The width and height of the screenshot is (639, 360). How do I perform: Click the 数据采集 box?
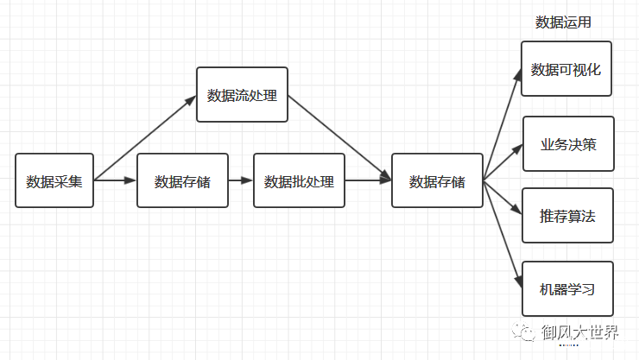point(54,181)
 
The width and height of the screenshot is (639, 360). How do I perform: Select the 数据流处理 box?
point(242,95)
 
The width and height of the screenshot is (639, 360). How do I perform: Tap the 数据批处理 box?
point(299,181)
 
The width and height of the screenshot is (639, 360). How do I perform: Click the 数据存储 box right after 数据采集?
point(182,181)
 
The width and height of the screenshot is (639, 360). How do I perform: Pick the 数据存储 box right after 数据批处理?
point(437,181)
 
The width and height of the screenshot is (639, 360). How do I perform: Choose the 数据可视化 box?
point(566,69)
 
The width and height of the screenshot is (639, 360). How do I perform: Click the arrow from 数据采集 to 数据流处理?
point(145,138)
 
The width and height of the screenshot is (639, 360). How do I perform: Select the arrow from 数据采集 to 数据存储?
point(116,180)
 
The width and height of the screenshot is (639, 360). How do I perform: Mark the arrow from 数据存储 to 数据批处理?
point(241,180)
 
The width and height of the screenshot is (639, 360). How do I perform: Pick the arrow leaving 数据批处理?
point(368,180)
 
